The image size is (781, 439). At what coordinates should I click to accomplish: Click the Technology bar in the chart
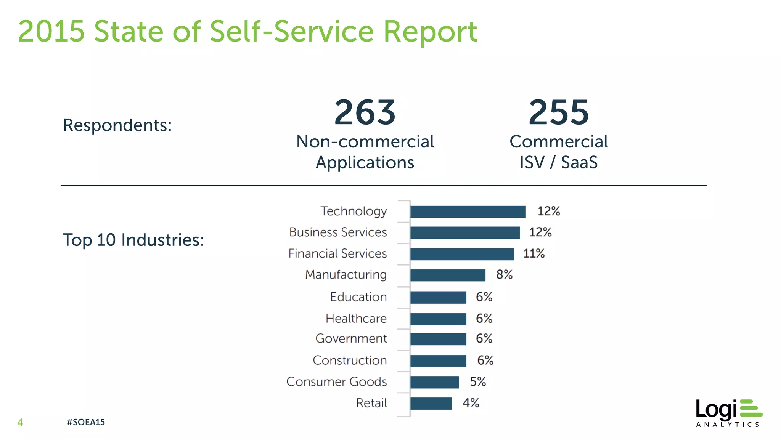pos(468,212)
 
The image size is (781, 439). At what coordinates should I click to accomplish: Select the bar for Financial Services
pos(462,254)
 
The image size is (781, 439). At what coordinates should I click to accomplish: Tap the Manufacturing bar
pos(448,275)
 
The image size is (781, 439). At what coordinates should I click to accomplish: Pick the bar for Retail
pos(431,404)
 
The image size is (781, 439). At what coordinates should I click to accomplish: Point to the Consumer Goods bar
pos(434,382)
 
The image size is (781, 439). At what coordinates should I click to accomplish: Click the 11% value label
pos(534,254)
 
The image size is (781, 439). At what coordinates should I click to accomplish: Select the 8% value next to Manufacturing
pos(504,275)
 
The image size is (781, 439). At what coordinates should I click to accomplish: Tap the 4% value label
pos(471,403)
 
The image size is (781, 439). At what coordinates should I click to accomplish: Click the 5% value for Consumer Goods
pos(478,382)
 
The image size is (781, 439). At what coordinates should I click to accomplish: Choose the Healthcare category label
pos(356,319)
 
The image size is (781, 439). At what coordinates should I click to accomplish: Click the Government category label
pos(351,339)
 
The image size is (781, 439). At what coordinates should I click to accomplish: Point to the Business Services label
pos(338,232)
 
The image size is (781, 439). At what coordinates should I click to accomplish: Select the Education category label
pos(358,297)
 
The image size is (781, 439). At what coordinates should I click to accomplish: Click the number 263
pos(365,112)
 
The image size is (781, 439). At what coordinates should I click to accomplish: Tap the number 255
pos(559,112)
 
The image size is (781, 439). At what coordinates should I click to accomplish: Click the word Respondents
pos(117,125)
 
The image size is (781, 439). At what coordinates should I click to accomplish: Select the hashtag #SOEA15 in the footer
pos(85,422)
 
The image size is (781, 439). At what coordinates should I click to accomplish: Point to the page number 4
pos(20,422)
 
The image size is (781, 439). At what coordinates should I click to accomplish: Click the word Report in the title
pos(430,32)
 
